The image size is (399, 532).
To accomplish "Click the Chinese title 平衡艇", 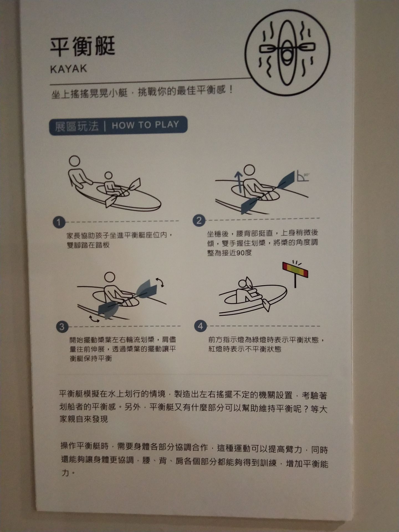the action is click(x=82, y=46).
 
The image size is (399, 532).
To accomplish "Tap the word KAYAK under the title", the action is click(x=68, y=69).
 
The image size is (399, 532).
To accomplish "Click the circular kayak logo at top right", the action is click(x=287, y=53).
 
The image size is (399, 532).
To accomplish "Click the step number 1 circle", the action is click(x=59, y=222).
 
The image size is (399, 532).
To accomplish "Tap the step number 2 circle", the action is click(x=199, y=221).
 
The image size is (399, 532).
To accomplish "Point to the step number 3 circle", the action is click(x=62, y=327).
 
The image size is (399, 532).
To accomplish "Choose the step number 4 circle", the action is click(x=200, y=326).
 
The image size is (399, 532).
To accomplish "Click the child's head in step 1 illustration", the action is click(x=108, y=175).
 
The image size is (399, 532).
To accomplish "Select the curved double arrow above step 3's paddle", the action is click(x=160, y=282).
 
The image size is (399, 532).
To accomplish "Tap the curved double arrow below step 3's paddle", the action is click(x=94, y=319).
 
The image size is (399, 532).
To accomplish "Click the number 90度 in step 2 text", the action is click(x=244, y=253).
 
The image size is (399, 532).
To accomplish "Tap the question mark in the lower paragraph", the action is click(x=305, y=409).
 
